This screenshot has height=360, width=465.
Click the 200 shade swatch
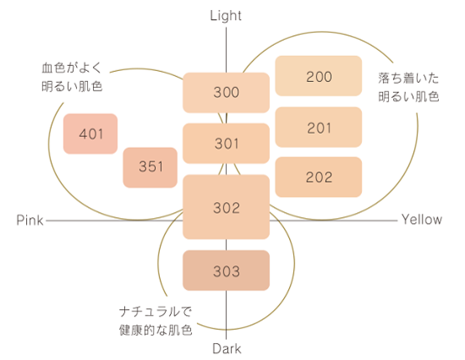click(x=319, y=76)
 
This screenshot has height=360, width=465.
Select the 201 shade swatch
click(x=319, y=128)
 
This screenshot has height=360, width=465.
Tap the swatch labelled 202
click(x=319, y=177)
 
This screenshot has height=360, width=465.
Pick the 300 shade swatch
click(x=226, y=92)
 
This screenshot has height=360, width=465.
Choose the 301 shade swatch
click(x=226, y=144)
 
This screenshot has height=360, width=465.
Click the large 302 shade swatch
click(x=226, y=207)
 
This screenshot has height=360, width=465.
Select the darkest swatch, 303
click(x=226, y=270)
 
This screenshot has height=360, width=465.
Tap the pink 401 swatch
click(x=90, y=134)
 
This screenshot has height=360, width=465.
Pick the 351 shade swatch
click(x=150, y=167)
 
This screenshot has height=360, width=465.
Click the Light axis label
click(x=226, y=16)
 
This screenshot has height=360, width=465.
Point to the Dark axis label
click(x=227, y=349)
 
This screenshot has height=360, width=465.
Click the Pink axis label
click(x=30, y=220)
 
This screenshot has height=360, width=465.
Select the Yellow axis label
click(x=422, y=220)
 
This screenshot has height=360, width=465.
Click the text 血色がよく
click(x=72, y=68)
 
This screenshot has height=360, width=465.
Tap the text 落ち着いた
click(x=408, y=79)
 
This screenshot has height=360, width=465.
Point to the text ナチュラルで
click(x=156, y=312)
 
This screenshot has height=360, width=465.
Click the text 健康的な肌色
click(x=156, y=330)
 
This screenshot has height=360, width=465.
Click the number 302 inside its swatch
click(x=227, y=208)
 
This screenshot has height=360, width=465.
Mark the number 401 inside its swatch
click(x=91, y=134)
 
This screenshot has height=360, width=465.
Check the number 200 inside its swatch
click(x=319, y=77)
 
